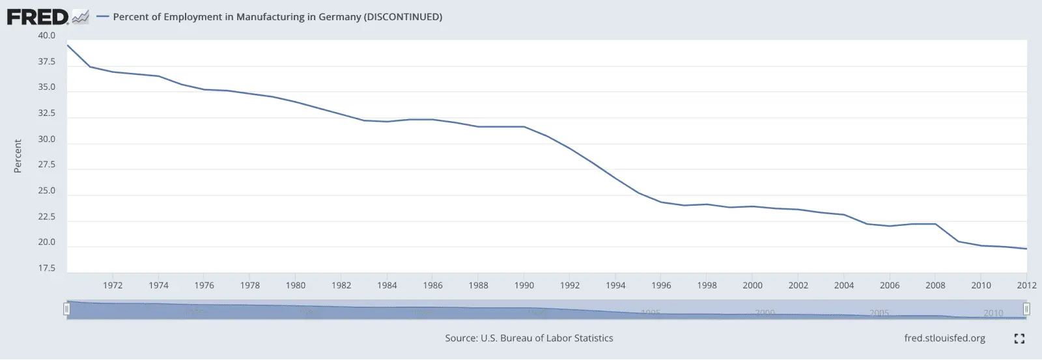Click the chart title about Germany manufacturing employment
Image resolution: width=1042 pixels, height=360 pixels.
[277, 17]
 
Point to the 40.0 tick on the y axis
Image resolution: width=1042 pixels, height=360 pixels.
[47, 36]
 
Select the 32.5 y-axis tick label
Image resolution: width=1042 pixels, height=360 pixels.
[47, 113]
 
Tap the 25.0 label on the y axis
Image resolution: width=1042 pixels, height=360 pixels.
[47, 191]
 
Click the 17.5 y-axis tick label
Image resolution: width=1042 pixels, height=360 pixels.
[47, 268]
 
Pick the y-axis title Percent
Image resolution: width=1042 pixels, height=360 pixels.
[18, 156]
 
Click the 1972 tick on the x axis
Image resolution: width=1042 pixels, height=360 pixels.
[113, 285]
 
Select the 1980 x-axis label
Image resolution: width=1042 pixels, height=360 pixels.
[296, 285]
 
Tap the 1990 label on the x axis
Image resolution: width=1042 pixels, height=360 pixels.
[524, 285]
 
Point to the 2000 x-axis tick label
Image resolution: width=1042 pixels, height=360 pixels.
[753, 285]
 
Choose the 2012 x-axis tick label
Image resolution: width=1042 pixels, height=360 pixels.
[1026, 285]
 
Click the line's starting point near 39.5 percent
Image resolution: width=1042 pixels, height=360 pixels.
[68, 46]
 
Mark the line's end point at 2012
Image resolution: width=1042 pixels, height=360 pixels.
[1026, 249]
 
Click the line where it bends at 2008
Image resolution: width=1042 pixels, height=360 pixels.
[936, 224]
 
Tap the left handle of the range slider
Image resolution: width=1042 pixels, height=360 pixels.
[66, 309]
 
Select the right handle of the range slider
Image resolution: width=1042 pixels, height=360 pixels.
[1026, 309]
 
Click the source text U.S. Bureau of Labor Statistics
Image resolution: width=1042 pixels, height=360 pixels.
[529, 339]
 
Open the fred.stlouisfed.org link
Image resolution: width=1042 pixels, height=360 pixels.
[944, 339]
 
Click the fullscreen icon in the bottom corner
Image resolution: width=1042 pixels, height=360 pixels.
[1019, 339]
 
